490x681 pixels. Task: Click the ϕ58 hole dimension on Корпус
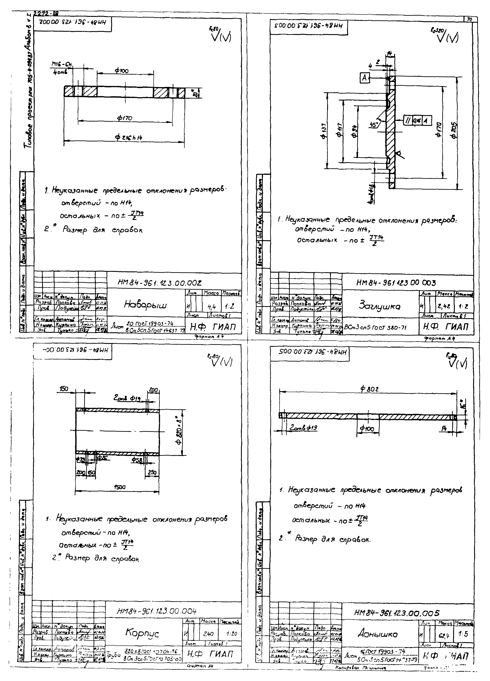(x=137, y=460)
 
